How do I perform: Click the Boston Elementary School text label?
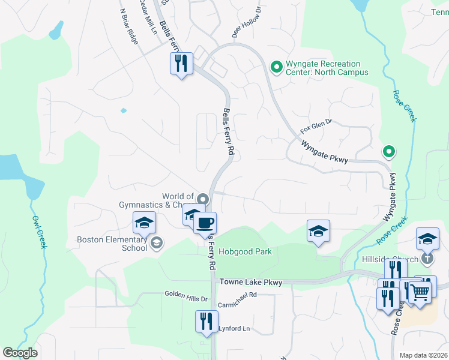(112, 244)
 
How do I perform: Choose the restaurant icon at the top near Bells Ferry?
(181, 63)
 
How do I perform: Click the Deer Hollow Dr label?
(247, 23)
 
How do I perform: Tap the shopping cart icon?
(420, 292)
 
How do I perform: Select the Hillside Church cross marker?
(427, 259)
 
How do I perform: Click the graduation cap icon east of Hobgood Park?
(318, 231)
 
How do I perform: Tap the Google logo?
(20, 353)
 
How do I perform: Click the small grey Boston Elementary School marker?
(157, 243)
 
